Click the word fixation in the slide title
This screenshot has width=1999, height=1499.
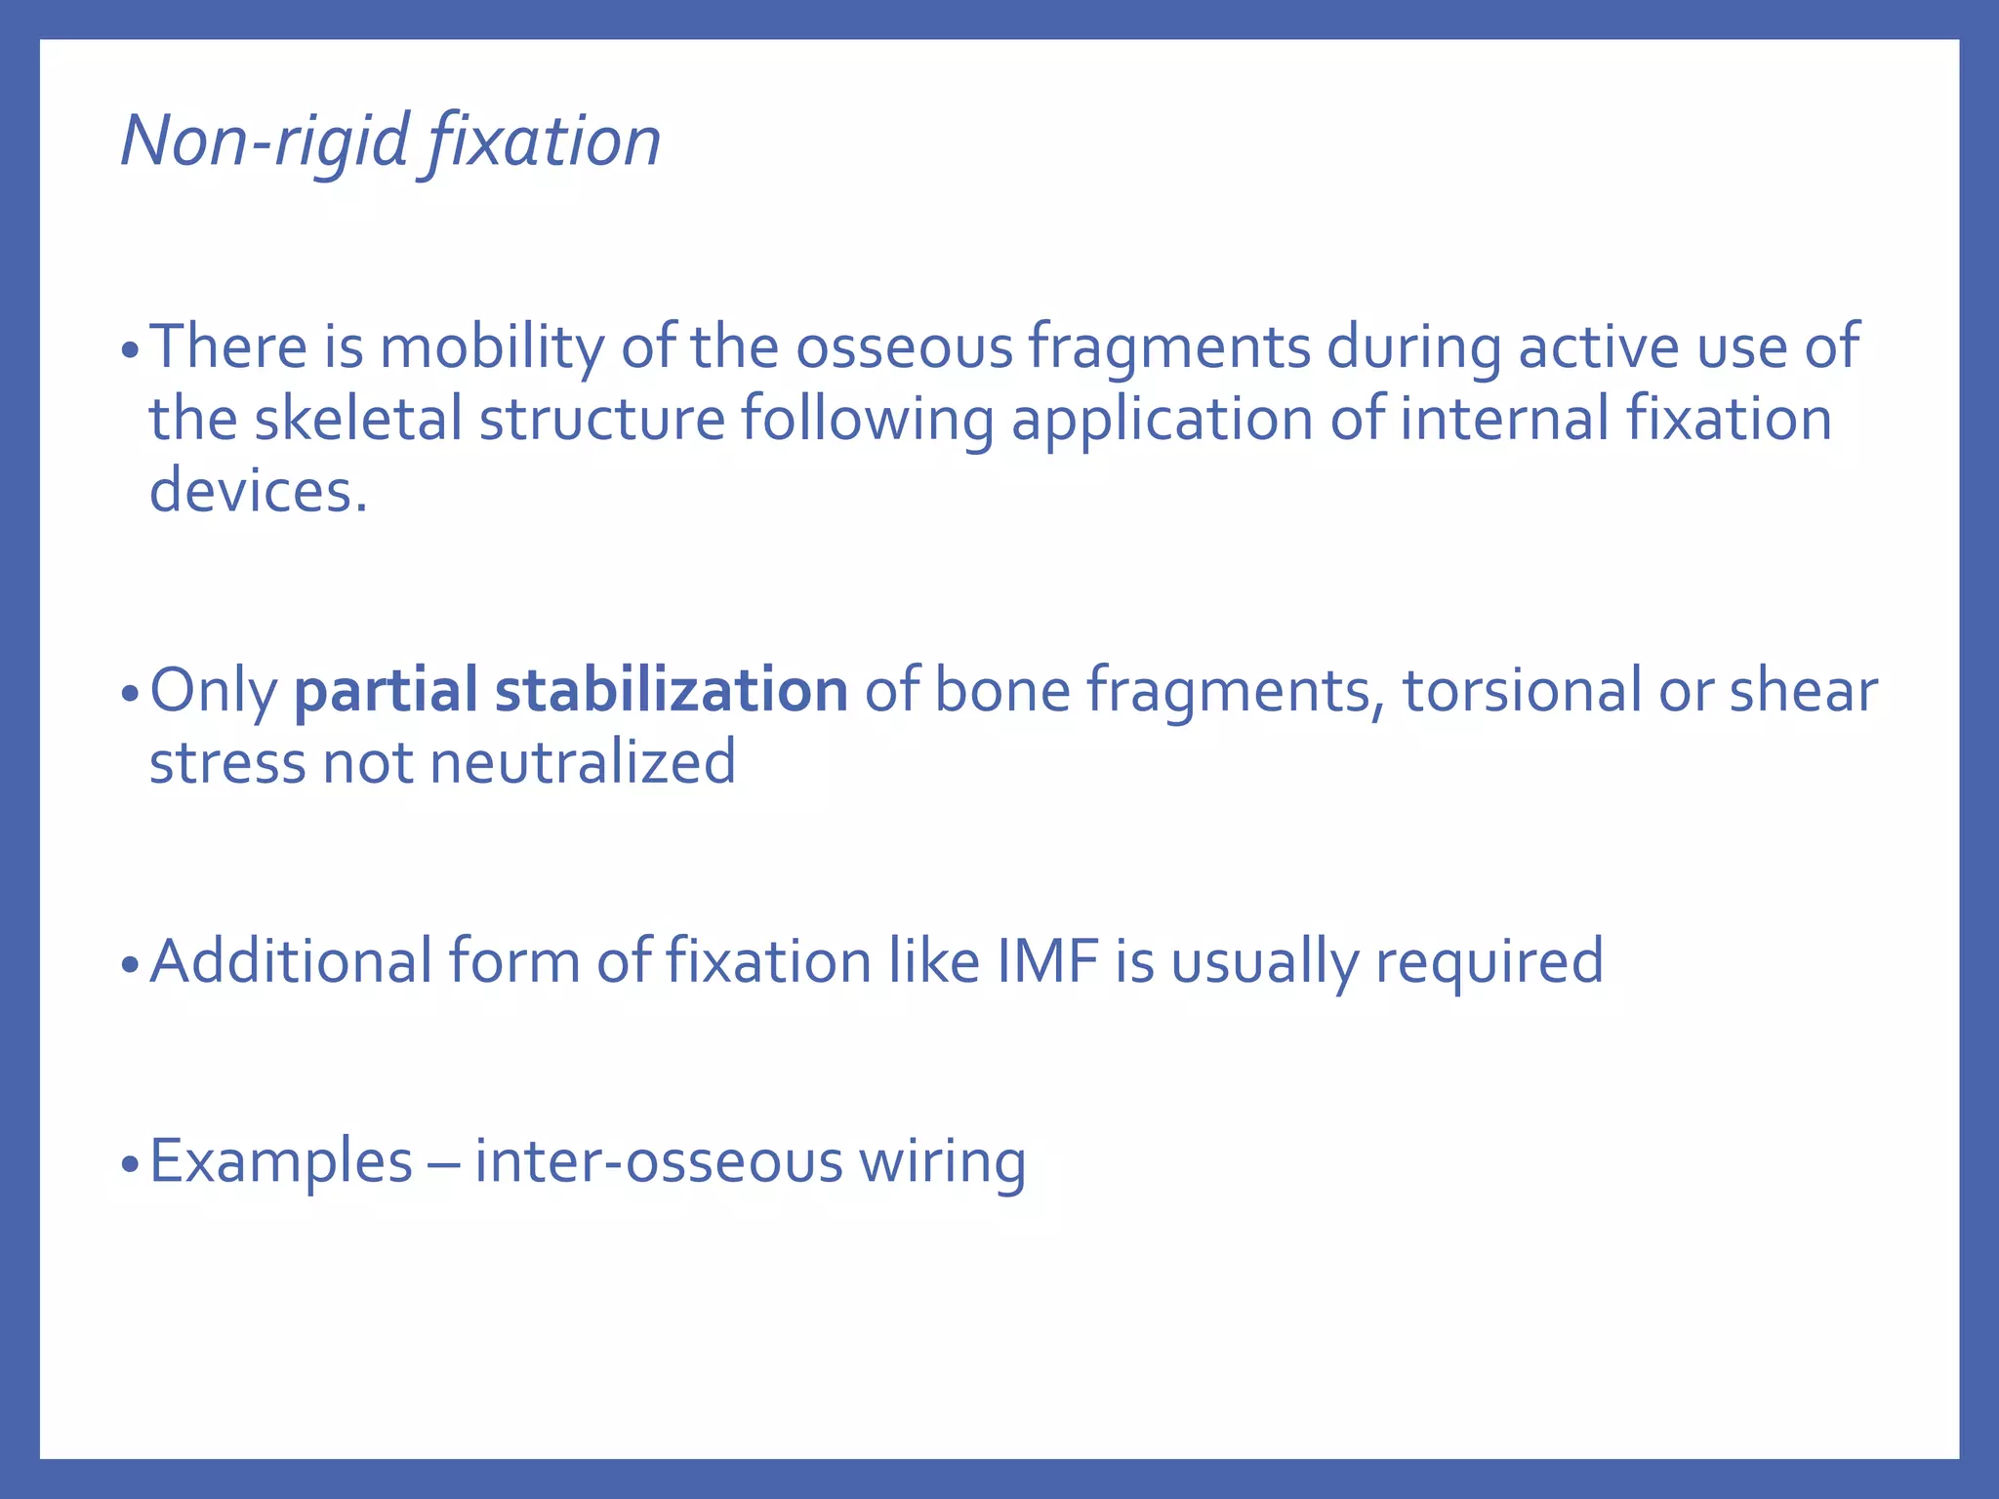pyautogui.click(x=543, y=142)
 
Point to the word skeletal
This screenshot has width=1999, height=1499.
pyautogui.click(x=357, y=420)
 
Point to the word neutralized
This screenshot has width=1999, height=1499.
pyautogui.click(x=583, y=762)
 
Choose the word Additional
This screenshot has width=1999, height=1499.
pyautogui.click(x=290, y=961)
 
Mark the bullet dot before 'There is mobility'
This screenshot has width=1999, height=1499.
pyautogui.click(x=131, y=351)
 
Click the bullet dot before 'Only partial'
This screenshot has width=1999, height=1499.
pyautogui.click(x=131, y=695)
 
